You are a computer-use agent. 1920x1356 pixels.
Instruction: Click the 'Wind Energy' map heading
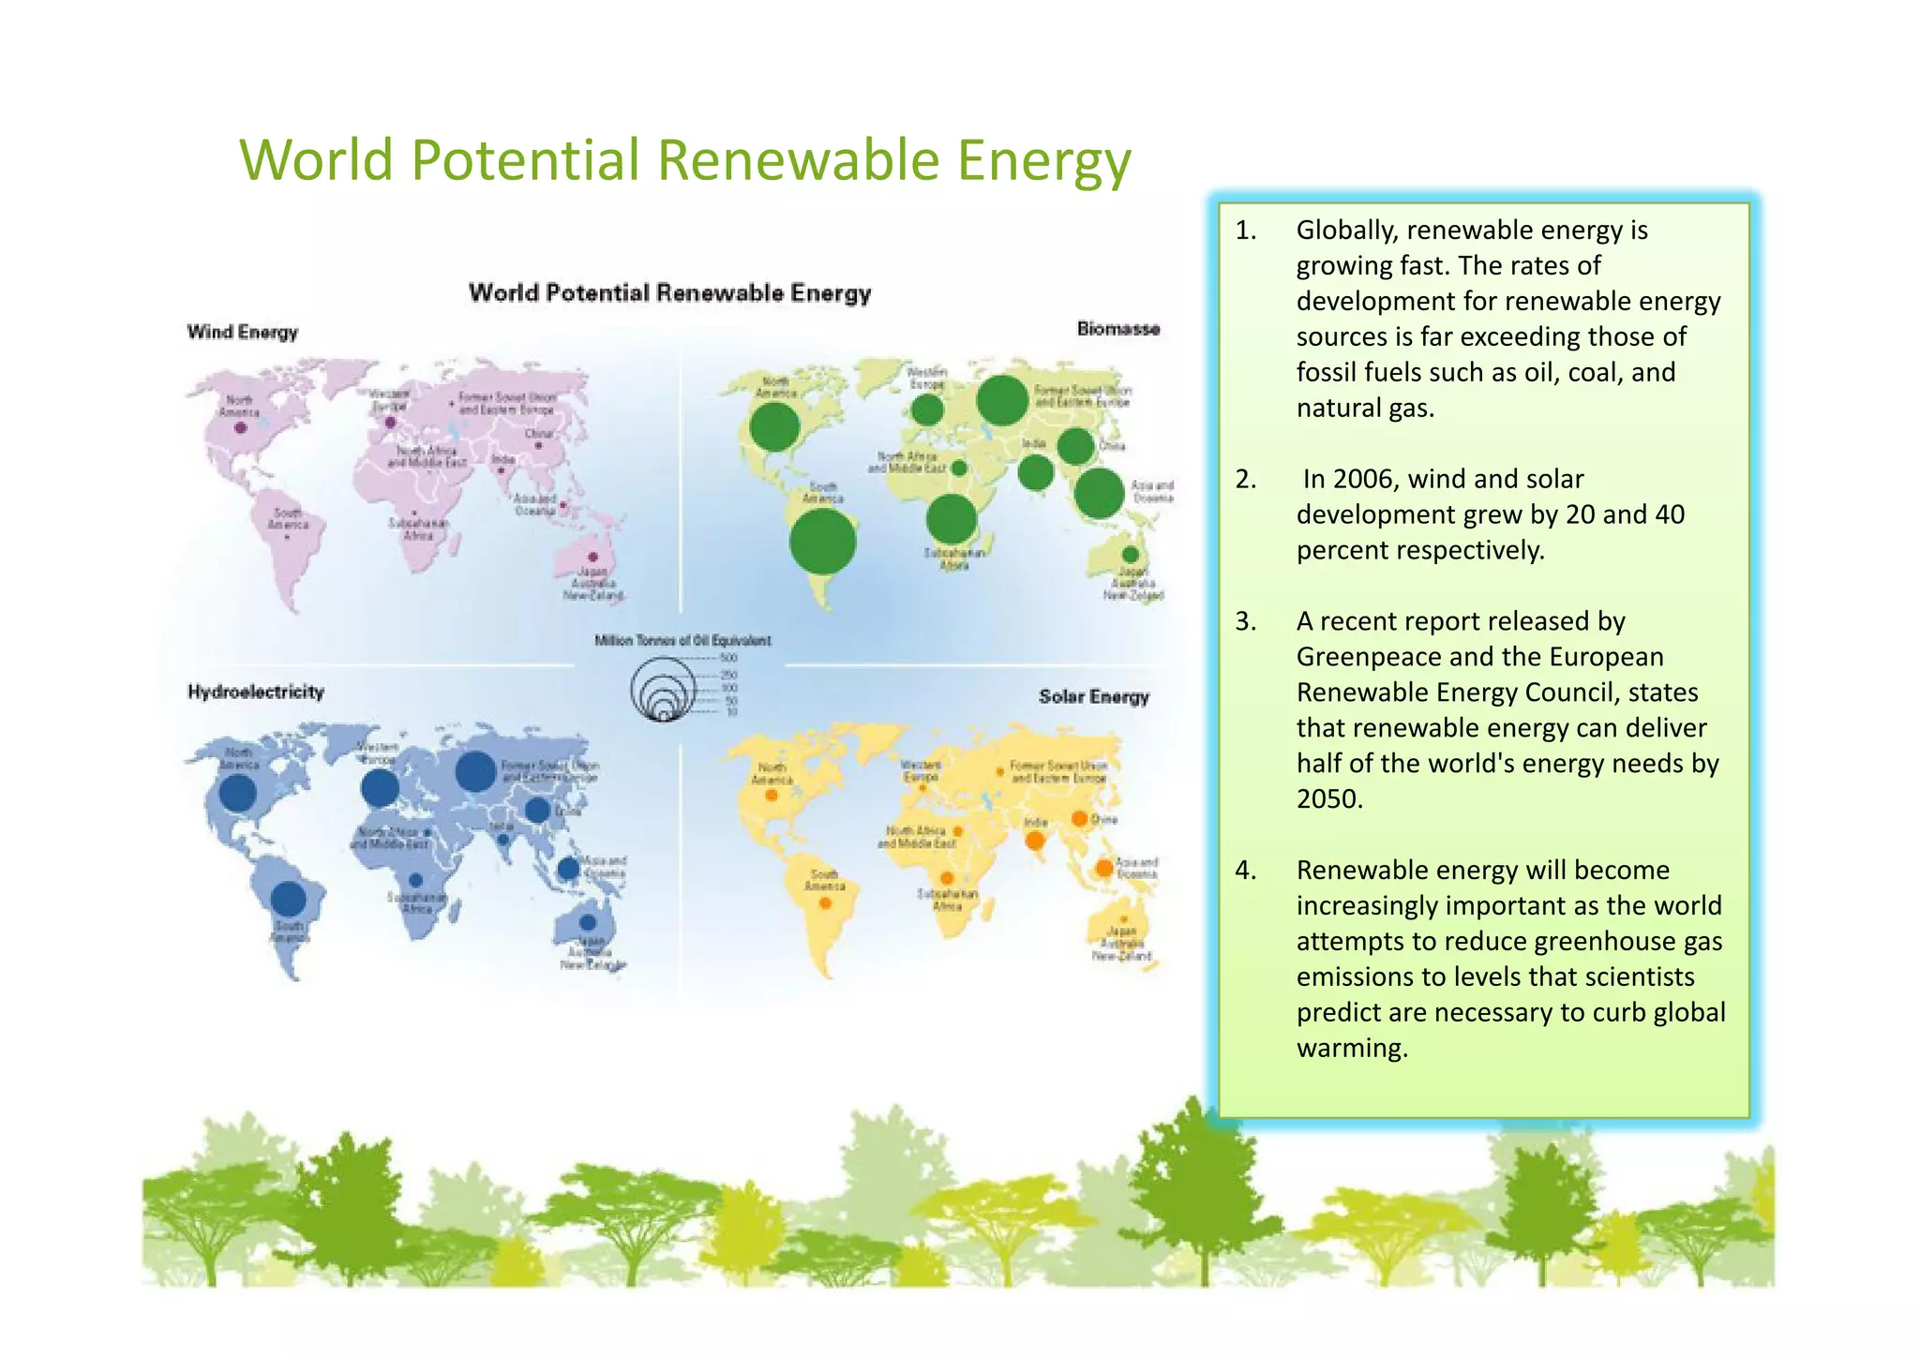(242, 332)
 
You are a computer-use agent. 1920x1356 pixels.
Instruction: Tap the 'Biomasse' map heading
(1117, 329)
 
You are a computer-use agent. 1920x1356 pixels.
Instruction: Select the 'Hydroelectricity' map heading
(255, 692)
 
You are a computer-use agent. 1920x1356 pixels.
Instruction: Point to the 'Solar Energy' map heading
(1093, 696)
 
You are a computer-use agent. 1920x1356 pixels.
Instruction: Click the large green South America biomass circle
(822, 542)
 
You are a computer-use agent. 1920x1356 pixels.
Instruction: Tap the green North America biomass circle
(774, 428)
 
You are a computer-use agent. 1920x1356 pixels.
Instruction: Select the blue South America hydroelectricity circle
(288, 899)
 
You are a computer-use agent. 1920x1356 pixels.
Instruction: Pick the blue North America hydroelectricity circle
(237, 793)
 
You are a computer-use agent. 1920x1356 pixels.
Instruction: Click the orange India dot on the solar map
(1035, 841)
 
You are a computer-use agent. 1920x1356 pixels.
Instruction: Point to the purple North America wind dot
(240, 428)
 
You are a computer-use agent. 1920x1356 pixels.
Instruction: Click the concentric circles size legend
(663, 690)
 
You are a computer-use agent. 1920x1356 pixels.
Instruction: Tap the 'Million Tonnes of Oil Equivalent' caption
(682, 640)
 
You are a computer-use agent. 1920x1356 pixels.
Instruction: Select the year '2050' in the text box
(1328, 799)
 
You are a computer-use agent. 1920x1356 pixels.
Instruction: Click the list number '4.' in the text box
(1245, 870)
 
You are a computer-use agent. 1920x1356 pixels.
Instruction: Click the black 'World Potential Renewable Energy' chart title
(669, 292)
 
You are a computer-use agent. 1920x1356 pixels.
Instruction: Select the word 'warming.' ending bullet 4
(1352, 1048)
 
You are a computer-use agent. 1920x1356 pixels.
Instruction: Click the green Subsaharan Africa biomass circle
(951, 518)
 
